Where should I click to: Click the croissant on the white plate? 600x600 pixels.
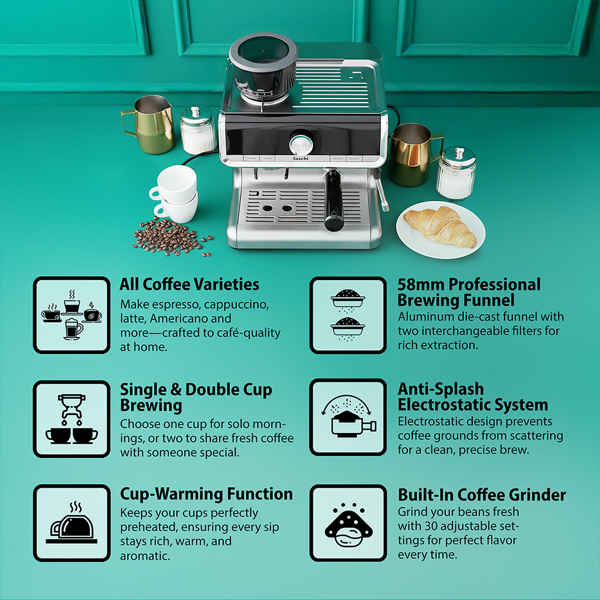click(x=440, y=227)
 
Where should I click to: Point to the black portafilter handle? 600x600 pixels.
click(x=333, y=201)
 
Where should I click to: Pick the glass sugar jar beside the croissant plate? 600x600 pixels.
click(x=456, y=173)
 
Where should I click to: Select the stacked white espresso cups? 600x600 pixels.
click(x=175, y=194)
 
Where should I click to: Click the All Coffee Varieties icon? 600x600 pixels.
click(x=71, y=315)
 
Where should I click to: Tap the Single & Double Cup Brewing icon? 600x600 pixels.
click(x=71, y=419)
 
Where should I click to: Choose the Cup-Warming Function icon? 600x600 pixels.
click(x=71, y=523)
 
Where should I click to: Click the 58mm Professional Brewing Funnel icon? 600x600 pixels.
click(x=348, y=315)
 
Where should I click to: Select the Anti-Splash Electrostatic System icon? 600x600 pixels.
click(x=348, y=417)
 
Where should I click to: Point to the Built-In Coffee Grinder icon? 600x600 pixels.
click(x=348, y=523)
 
